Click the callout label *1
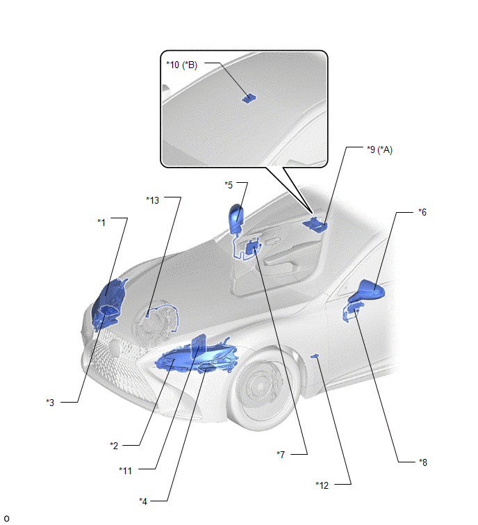[x=101, y=223]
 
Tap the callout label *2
[x=114, y=446]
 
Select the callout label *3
[x=50, y=403]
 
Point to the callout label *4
[x=143, y=501]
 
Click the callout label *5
[x=229, y=185]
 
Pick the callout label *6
[x=422, y=212]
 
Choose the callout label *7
[x=281, y=454]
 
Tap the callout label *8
[x=423, y=462]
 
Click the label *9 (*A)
[x=379, y=150]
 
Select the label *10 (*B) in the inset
[x=182, y=65]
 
